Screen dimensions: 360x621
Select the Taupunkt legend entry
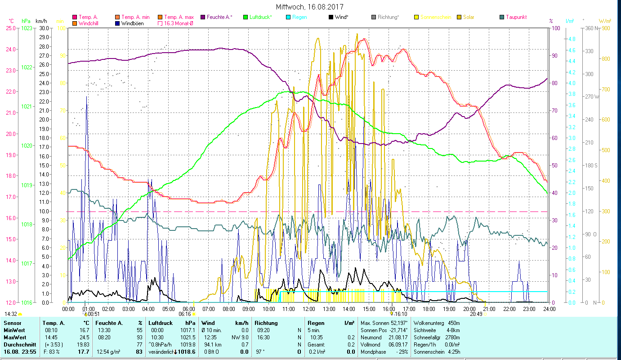(x=516, y=17)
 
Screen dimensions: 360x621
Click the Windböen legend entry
(x=132, y=23)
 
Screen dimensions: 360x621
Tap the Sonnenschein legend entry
(x=435, y=17)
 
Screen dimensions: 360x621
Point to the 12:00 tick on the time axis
(x=309, y=309)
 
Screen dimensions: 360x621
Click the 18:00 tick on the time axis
(x=429, y=309)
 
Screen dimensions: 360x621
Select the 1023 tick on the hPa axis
(x=27, y=28)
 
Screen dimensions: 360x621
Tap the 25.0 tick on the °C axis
(x=10, y=28)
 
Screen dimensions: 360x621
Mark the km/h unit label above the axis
(x=41, y=21)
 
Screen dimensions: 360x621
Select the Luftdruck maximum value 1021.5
(x=188, y=337)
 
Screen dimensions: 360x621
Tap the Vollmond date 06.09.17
(x=398, y=345)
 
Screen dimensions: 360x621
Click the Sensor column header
(x=12, y=323)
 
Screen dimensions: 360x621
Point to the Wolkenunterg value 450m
(x=454, y=323)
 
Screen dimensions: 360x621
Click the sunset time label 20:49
(x=476, y=314)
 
